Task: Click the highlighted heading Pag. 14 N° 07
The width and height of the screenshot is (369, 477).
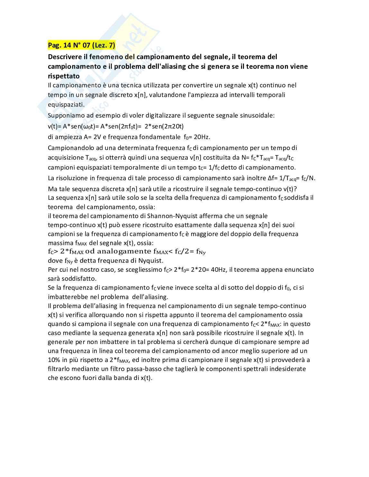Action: pyautogui.click(x=81, y=45)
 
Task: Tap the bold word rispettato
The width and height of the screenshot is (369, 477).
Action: pyautogui.click(x=64, y=76)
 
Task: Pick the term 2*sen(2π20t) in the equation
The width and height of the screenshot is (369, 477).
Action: pyautogui.click(x=164, y=126)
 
